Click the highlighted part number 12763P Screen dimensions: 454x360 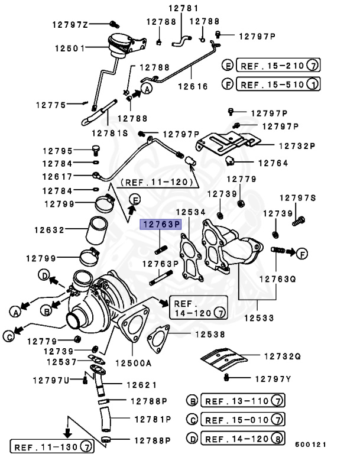tap(159, 225)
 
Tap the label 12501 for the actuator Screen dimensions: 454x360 tap(70, 47)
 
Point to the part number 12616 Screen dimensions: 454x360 tap(193, 86)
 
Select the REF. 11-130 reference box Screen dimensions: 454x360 tap(53, 446)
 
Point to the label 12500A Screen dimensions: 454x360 tap(133, 362)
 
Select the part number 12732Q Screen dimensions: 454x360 tap(282, 356)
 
